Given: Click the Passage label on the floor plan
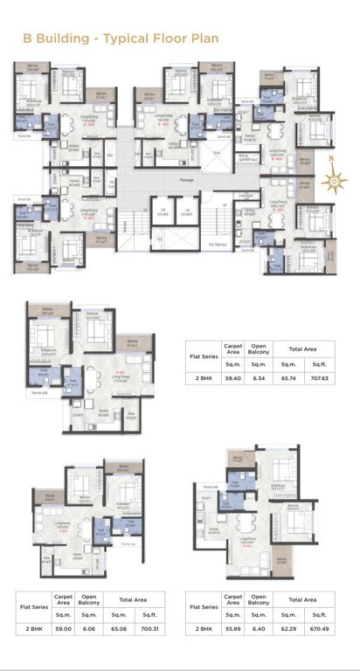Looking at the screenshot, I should [186, 179].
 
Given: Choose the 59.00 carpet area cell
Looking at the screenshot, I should [63, 627].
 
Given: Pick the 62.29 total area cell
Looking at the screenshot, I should [287, 627].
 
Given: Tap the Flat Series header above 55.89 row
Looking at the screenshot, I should [202, 604].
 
